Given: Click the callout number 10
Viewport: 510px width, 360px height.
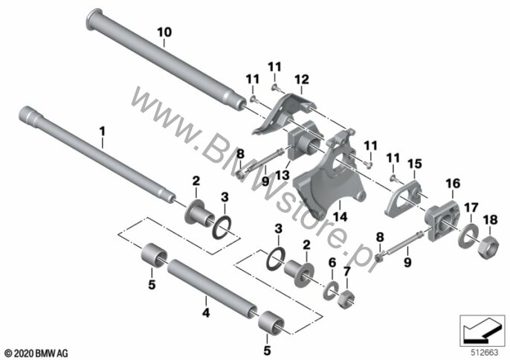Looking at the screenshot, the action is coord(164,33).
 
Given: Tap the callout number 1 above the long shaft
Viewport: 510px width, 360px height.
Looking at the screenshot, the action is coord(103,132).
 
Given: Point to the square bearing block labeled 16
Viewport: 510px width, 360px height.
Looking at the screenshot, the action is coord(442,221).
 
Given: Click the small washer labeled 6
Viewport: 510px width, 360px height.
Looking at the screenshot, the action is coord(331,289).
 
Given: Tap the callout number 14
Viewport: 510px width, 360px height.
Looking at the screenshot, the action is coord(340,216).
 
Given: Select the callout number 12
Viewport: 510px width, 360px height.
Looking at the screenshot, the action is coord(302,80).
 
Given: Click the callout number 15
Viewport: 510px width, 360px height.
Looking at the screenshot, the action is coord(415,164).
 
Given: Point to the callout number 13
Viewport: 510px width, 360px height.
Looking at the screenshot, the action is coord(282,175).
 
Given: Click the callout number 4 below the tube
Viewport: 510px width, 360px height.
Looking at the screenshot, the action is coord(206,313).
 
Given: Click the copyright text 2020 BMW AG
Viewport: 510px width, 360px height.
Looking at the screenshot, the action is coord(36,353).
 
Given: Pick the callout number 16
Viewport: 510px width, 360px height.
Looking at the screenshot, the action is coord(453,184).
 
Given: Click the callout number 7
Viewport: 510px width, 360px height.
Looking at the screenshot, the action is coord(346,271).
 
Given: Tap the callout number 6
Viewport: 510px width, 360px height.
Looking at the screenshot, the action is coord(332,263).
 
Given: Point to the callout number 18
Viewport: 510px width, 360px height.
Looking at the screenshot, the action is coord(491,219).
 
